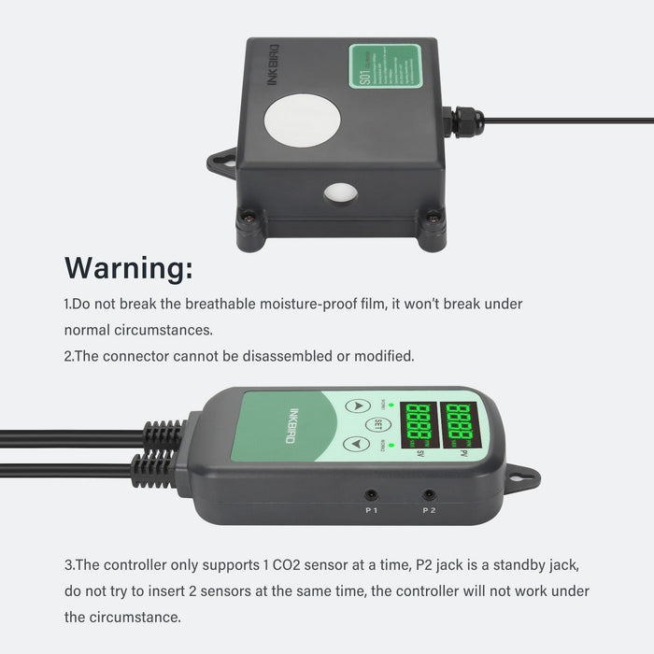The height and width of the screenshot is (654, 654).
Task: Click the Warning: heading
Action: (129, 268)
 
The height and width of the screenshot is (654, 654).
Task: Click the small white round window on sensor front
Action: (340, 193)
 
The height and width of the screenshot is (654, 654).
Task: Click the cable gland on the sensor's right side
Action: (463, 121)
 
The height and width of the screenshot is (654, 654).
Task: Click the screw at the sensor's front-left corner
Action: (250, 220)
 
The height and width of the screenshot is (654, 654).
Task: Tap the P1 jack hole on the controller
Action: (371, 495)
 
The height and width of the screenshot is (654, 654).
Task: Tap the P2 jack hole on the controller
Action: (429, 495)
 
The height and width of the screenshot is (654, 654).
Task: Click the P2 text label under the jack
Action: (429, 510)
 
